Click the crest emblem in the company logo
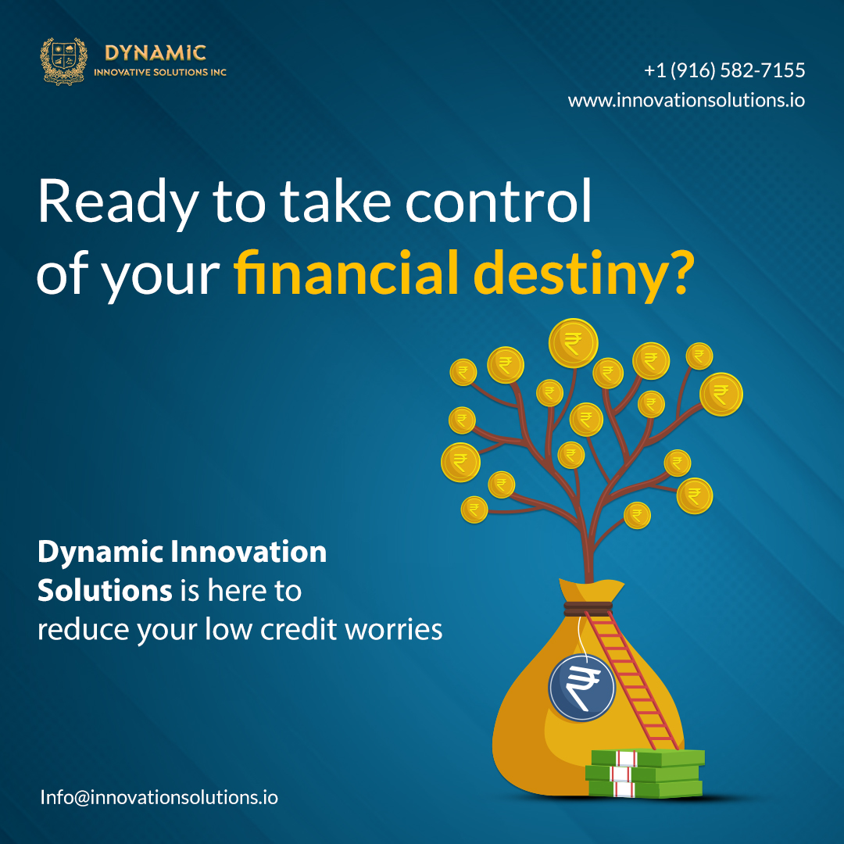(x=63, y=61)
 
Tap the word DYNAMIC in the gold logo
(x=156, y=53)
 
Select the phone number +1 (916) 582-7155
(x=724, y=70)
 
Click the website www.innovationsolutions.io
(x=686, y=100)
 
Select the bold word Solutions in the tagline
(x=105, y=591)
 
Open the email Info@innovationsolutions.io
(x=159, y=797)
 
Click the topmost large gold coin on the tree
(x=574, y=343)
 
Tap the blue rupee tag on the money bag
(x=581, y=688)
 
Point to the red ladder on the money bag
(x=631, y=681)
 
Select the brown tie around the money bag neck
(x=588, y=608)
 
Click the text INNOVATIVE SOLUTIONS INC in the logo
(x=160, y=72)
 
